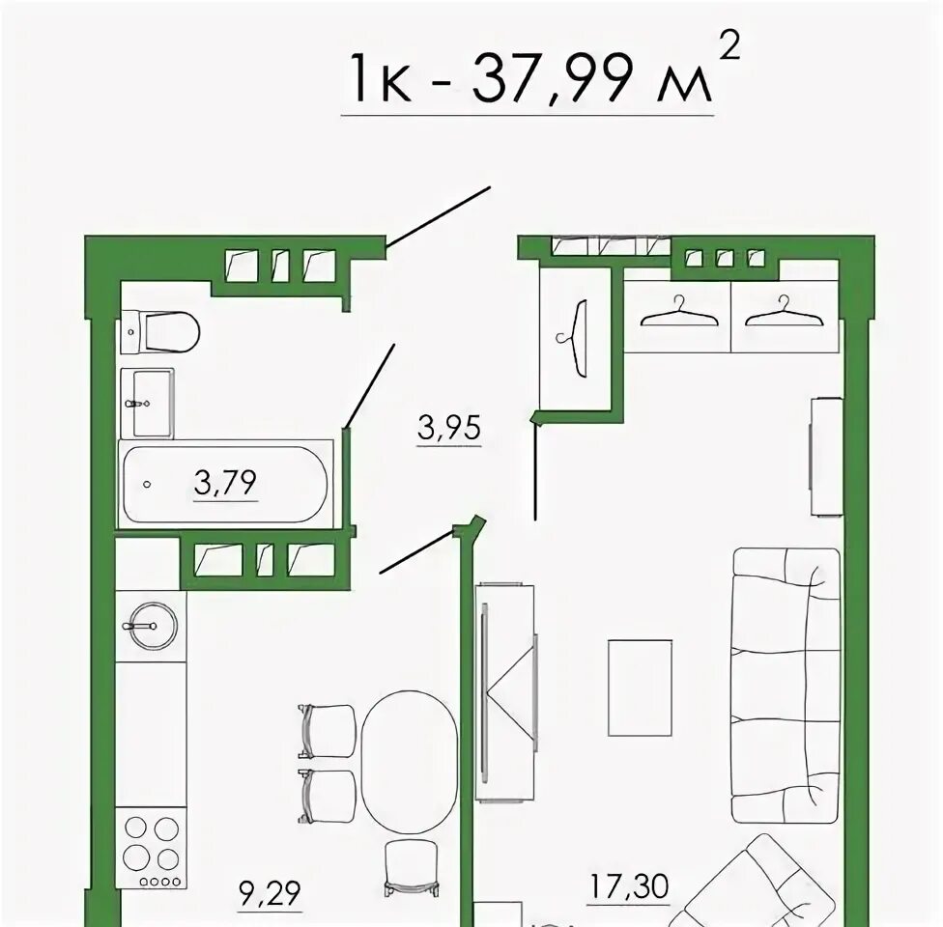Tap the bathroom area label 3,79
[x=225, y=482]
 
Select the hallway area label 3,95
[x=449, y=428]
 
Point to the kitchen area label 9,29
[x=270, y=893]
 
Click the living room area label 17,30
[x=629, y=885]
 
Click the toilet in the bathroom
[x=160, y=331]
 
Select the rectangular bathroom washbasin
[x=147, y=404]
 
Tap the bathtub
[x=225, y=484]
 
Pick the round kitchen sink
[x=154, y=626]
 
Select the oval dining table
[x=410, y=762]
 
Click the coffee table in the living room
[x=640, y=688]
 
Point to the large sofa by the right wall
[x=786, y=686]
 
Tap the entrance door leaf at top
[x=439, y=216]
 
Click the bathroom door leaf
[x=369, y=385]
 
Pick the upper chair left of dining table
[x=328, y=730]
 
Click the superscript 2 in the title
[x=729, y=45]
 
